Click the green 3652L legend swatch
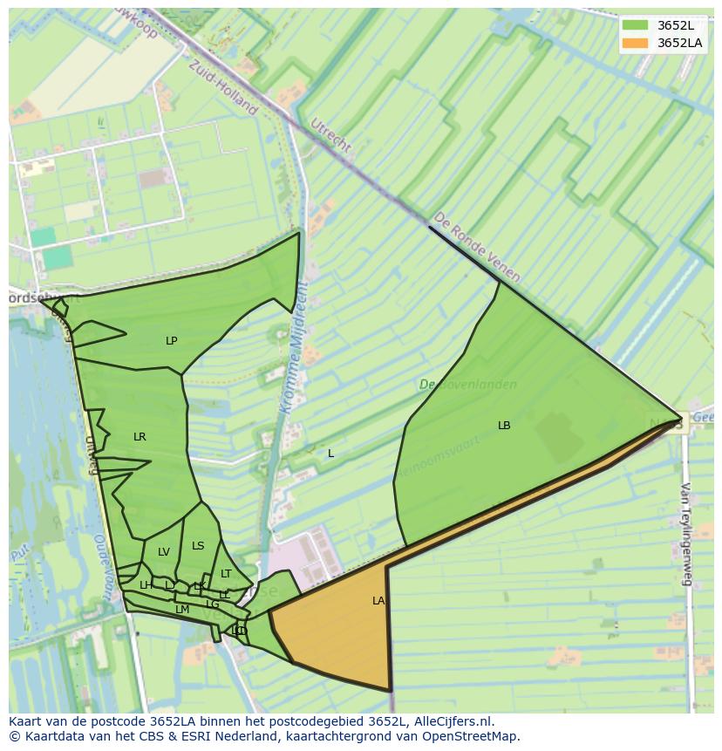635,25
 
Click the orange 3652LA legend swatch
635,43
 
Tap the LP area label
172,341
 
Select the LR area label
140,437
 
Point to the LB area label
504,426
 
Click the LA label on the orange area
378,601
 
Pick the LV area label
164,552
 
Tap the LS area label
198,546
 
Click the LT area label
226,574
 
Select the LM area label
182,610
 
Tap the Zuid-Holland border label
223,87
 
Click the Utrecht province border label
330,135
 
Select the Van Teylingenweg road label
686,534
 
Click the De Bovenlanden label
467,385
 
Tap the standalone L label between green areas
330,454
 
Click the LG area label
213,604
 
